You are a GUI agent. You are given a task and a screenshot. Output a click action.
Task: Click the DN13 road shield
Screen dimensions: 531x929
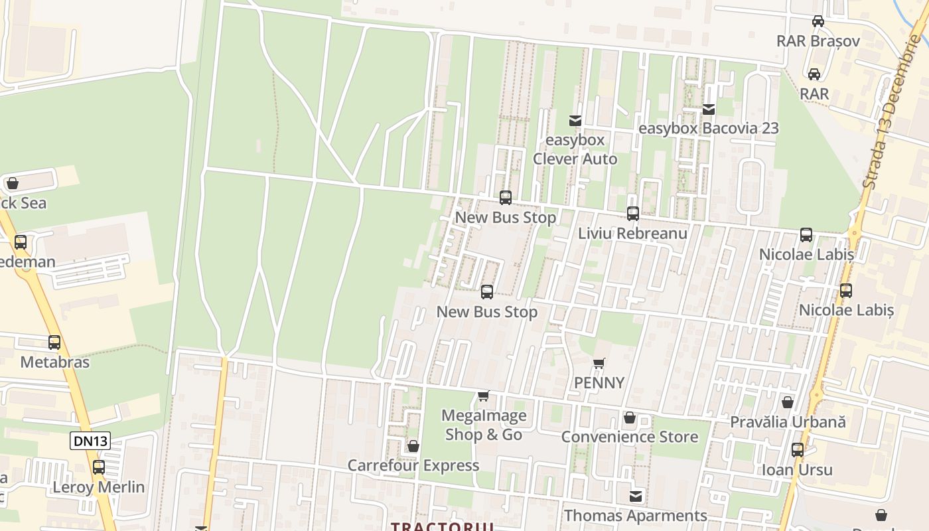click(90, 441)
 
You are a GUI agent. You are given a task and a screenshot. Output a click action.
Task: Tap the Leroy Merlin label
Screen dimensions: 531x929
click(98, 487)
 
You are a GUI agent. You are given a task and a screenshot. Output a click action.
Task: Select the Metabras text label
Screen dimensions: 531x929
click(54, 362)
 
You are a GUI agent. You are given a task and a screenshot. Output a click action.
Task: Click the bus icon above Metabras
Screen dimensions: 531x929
click(54, 342)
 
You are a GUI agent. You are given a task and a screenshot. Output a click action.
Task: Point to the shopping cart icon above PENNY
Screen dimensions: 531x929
click(599, 363)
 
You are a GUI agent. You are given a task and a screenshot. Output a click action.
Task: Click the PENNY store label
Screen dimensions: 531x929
click(599, 383)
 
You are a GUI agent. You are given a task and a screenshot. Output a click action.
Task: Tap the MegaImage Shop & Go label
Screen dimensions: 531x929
click(484, 425)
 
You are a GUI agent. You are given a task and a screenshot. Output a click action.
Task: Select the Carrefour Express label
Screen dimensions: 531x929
click(413, 466)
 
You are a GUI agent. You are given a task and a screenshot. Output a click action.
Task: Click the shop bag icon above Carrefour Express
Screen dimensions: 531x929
click(413, 446)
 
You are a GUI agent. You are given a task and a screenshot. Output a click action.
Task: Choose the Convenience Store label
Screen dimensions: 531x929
click(630, 437)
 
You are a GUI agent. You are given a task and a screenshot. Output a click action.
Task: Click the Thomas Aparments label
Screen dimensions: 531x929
click(635, 516)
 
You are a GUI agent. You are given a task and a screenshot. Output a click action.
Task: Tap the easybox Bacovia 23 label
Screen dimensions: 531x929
click(708, 128)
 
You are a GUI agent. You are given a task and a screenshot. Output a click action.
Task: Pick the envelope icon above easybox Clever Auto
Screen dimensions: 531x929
click(575, 120)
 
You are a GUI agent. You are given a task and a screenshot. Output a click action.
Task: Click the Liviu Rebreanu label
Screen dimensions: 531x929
click(632, 234)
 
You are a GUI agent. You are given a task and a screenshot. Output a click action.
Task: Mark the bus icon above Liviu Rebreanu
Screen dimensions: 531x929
click(633, 214)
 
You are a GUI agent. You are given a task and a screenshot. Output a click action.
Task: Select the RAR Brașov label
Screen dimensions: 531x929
click(818, 41)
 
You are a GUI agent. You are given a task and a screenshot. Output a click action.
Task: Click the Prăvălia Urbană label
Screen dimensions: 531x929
click(788, 422)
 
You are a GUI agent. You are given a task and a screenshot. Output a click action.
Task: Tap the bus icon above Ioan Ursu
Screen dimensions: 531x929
click(798, 450)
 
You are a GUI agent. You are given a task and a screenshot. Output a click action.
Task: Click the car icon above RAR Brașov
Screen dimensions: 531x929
click(818, 21)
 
